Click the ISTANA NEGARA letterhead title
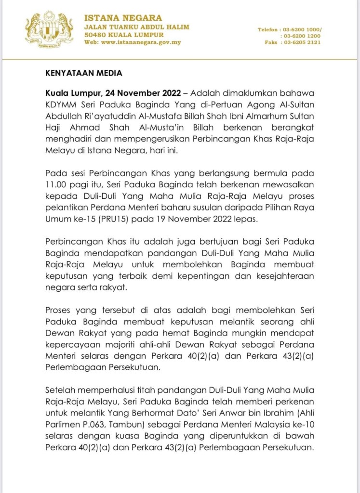[123, 18]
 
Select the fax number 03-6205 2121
[303, 42]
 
